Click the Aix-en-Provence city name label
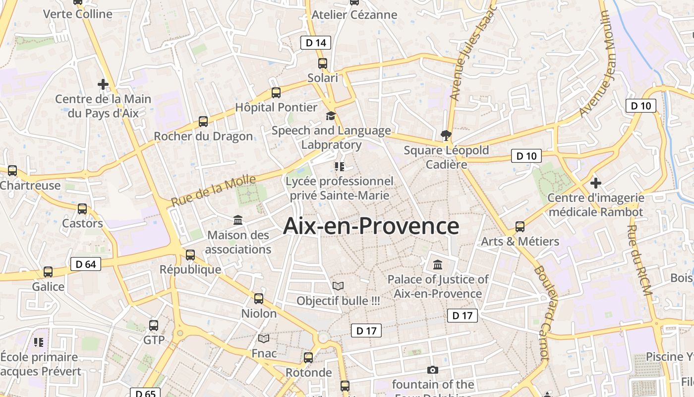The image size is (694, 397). (371, 226)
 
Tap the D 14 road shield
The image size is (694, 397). (316, 43)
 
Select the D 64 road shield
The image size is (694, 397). (86, 264)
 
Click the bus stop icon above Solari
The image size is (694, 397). (323, 64)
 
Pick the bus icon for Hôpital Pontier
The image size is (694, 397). (276, 93)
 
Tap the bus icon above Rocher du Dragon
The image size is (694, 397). (203, 122)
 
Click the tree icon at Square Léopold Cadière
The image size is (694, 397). (446, 135)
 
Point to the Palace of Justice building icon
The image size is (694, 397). (438, 265)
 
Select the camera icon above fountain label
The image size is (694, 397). (433, 370)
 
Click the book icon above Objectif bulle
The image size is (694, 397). (338, 286)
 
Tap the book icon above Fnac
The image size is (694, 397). (264, 339)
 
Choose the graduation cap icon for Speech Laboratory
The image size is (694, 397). (331, 116)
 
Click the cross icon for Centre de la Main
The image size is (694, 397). (103, 84)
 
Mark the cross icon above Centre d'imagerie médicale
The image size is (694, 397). (595, 183)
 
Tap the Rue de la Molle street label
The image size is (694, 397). (214, 190)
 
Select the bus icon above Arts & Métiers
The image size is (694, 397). (520, 227)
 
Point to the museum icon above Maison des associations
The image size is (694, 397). (238, 220)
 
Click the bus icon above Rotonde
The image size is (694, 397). (308, 358)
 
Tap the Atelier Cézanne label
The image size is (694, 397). (354, 15)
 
